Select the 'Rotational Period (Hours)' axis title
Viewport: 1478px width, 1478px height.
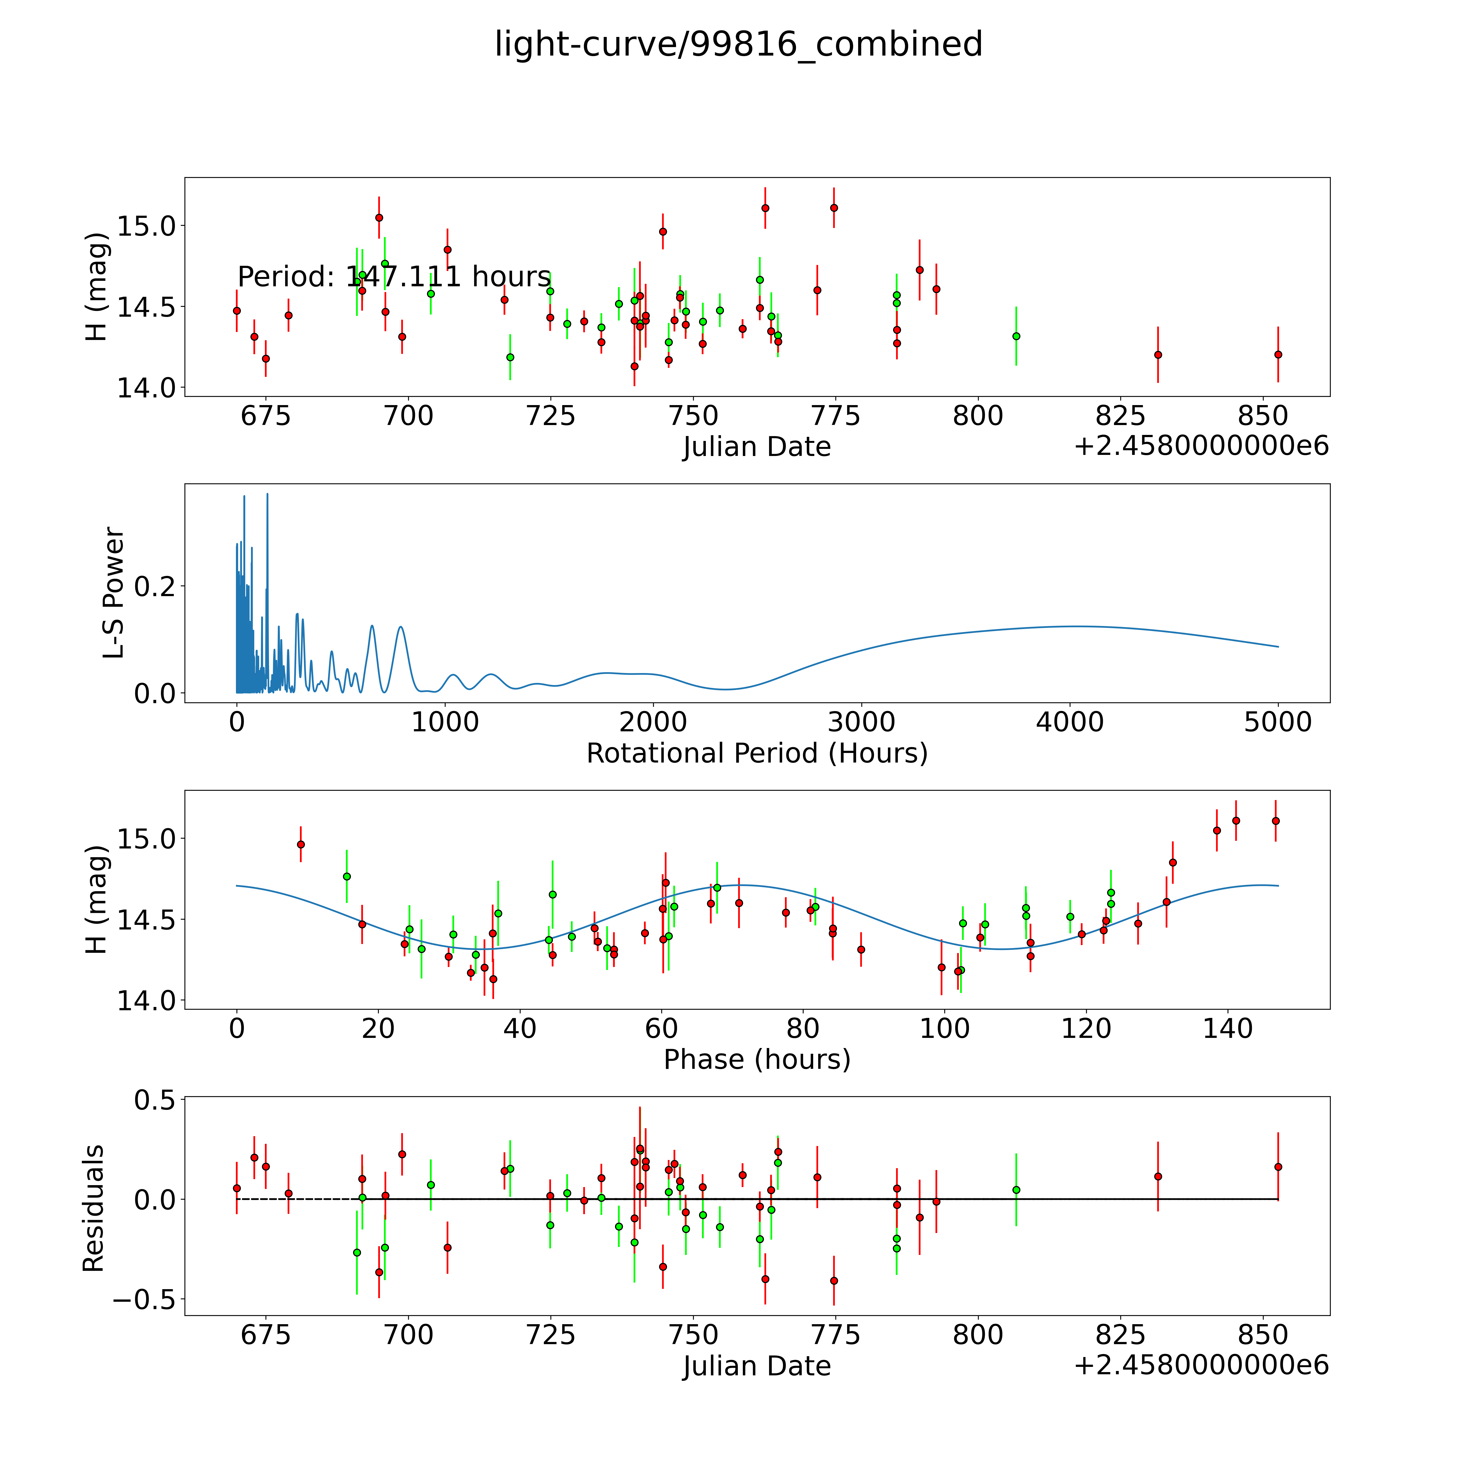coord(757,754)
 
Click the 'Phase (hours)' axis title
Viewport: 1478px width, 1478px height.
coord(757,1060)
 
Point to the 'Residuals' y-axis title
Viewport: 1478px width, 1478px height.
coord(93,1209)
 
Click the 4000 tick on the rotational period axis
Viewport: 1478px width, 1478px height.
coord(1069,722)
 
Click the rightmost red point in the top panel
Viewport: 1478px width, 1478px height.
coord(1278,354)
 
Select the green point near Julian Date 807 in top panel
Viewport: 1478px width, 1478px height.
coord(1016,336)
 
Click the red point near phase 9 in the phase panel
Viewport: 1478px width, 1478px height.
coord(301,845)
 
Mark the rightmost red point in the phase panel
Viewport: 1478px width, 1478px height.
coord(1275,821)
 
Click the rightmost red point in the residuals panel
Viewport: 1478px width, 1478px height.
coord(1278,1167)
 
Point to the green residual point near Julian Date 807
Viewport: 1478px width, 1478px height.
coord(1016,1190)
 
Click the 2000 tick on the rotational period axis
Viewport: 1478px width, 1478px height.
coord(653,722)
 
